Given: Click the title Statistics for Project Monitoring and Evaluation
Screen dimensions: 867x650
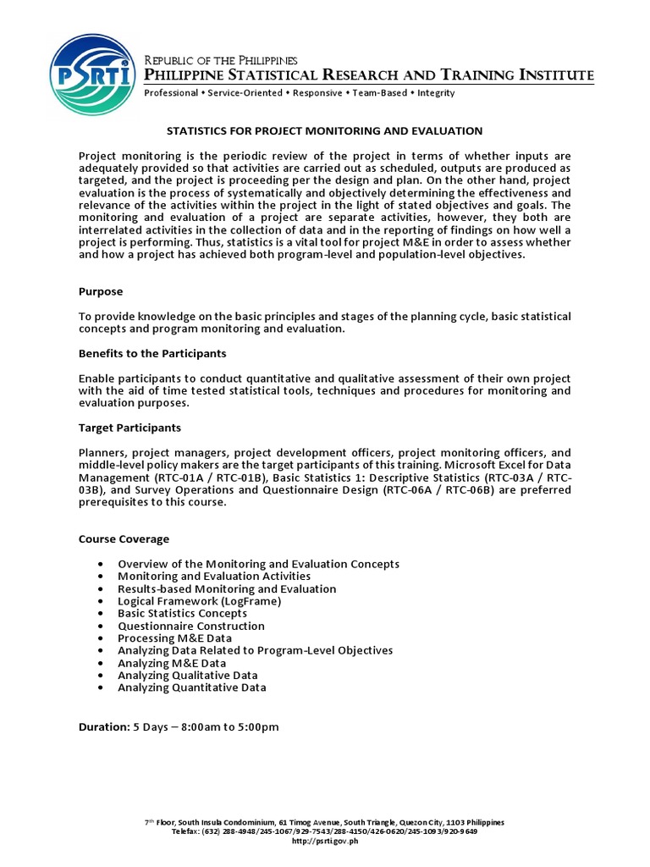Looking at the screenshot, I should point(324,131).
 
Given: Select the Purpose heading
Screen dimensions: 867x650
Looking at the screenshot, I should point(101,291).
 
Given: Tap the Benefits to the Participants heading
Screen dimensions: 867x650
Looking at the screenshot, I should point(152,353).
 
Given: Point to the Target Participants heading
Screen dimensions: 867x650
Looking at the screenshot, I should point(129,428).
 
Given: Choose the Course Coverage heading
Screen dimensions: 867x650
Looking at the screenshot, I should point(124,539).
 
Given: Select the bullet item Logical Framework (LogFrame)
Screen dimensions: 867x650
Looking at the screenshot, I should point(199,601).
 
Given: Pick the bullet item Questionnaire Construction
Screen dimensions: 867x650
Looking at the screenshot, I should point(191,626).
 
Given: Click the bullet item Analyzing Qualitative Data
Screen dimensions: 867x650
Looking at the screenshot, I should point(188,676).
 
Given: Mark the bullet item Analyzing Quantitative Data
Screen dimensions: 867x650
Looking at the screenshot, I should point(192,688).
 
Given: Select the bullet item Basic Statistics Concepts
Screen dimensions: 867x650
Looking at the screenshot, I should point(182,613).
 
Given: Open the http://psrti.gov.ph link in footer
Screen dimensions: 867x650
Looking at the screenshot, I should point(325,842).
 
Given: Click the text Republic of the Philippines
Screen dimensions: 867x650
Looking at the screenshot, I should point(222,61).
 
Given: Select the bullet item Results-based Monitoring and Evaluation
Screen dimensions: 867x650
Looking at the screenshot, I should point(227,588).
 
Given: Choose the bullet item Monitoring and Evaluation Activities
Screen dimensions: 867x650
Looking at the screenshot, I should point(214,576).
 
